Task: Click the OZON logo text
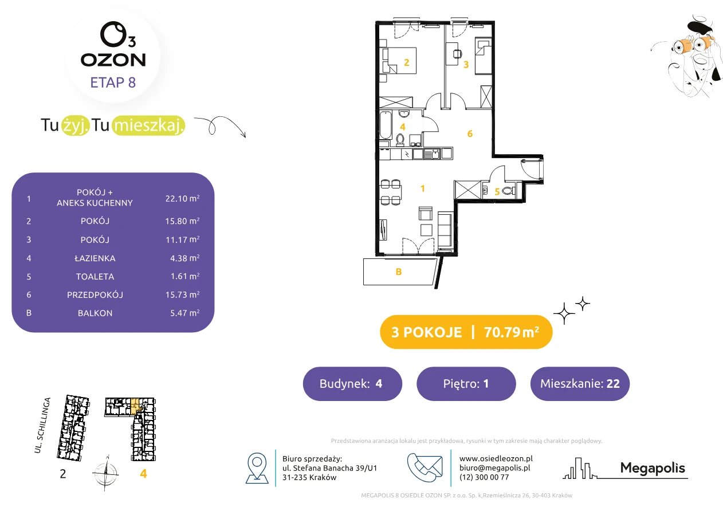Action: tap(113, 60)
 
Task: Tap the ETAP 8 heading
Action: tap(113, 82)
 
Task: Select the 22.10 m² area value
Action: tap(182, 198)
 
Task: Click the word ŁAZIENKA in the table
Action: tap(95, 258)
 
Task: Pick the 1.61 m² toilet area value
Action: tap(185, 276)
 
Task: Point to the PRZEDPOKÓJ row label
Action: tap(95, 294)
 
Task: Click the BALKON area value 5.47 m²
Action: tap(185, 313)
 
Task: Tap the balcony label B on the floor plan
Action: tap(399, 272)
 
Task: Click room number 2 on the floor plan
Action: tap(406, 62)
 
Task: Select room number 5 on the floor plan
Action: tap(497, 192)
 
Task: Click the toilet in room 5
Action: tap(509, 191)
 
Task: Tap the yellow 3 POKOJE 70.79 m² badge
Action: tap(466, 332)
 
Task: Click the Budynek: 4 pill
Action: tap(352, 383)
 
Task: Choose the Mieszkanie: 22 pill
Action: tap(580, 383)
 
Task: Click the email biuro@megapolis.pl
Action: tap(495, 467)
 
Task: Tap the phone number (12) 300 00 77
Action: tap(484, 477)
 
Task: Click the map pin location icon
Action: tap(257, 467)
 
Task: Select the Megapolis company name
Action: tap(653, 468)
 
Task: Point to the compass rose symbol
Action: tap(106, 473)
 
